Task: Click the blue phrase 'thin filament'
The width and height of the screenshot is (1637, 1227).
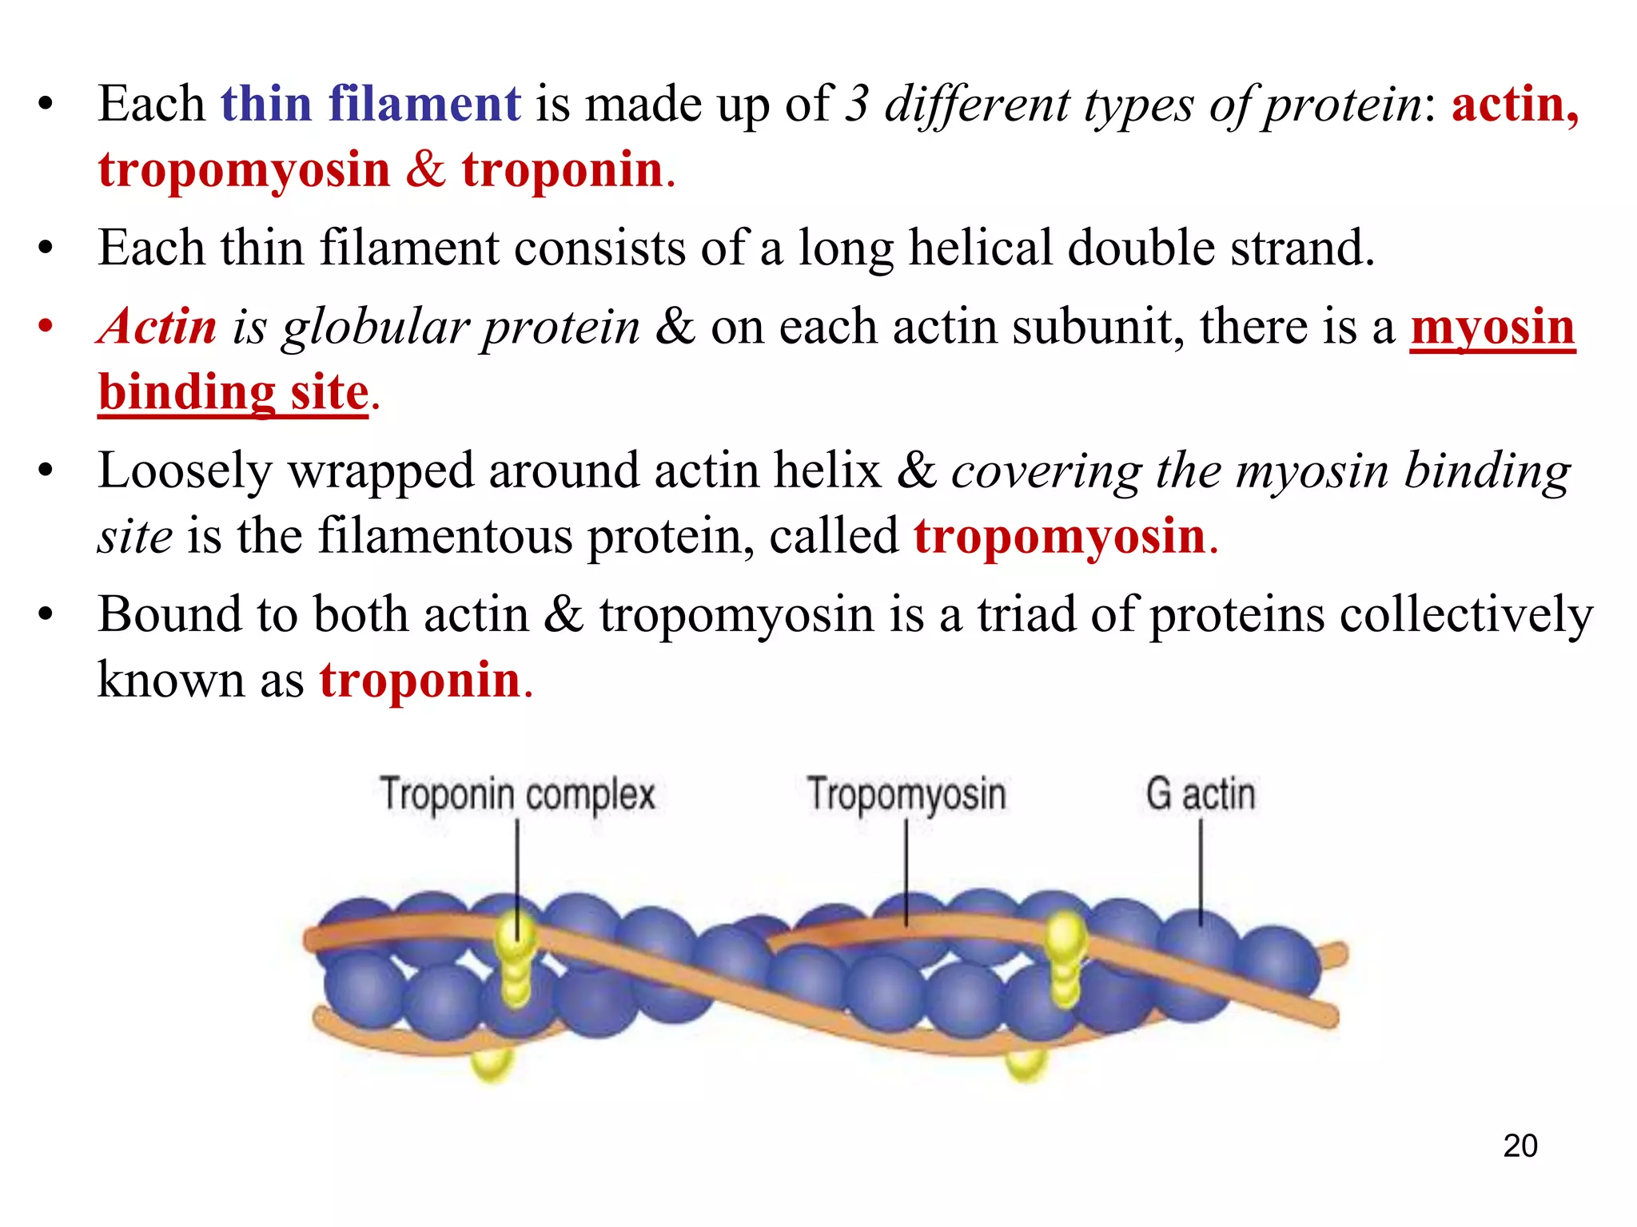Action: [x=370, y=104]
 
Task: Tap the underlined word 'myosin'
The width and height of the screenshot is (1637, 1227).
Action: [x=1492, y=327]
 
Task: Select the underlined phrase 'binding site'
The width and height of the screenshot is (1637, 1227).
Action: [x=233, y=392]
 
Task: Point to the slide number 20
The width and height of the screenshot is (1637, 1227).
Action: [x=1520, y=1146]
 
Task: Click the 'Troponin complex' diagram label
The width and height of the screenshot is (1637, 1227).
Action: [x=517, y=794]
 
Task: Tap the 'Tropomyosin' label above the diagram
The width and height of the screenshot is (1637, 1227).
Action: [x=906, y=794]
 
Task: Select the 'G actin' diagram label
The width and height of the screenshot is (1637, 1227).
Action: [x=1200, y=794]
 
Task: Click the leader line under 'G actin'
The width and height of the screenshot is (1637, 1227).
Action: [x=1201, y=871]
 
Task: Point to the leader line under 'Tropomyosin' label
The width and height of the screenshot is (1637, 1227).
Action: [x=906, y=871]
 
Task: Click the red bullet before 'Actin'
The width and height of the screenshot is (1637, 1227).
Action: [x=46, y=327]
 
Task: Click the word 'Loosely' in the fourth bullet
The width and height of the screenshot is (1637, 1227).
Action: [x=185, y=471]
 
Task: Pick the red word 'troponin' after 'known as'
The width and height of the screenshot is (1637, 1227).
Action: [x=420, y=681]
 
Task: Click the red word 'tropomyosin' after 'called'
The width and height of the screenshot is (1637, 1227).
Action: [x=1059, y=536]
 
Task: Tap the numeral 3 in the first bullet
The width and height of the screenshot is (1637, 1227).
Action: [x=857, y=104]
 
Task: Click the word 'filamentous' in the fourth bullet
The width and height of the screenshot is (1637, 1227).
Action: [x=445, y=536]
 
